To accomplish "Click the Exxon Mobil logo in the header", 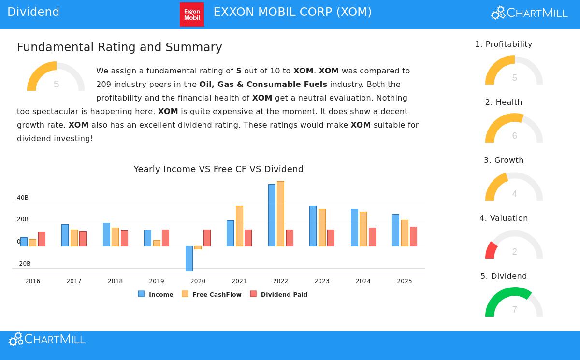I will point(192,14).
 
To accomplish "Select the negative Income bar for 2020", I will point(189,258).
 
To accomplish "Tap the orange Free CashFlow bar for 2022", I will point(280,214).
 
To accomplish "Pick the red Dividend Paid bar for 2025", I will point(413,236).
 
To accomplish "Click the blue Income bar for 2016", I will point(24,242).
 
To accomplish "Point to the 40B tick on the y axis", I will point(23,198).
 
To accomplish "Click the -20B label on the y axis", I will point(24,264).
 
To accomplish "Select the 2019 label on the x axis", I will point(157,281).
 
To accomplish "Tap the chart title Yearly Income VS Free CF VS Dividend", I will point(218,169).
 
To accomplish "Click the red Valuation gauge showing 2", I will point(492,250).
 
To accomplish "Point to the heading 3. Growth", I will point(504,160).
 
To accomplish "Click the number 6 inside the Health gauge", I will point(514,136).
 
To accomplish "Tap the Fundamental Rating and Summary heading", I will point(119,47).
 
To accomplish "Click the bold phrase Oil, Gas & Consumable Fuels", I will point(263,84).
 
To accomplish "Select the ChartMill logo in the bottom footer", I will point(47,339).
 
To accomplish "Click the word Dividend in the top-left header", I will point(33,12).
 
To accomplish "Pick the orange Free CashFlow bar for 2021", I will point(239,226).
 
